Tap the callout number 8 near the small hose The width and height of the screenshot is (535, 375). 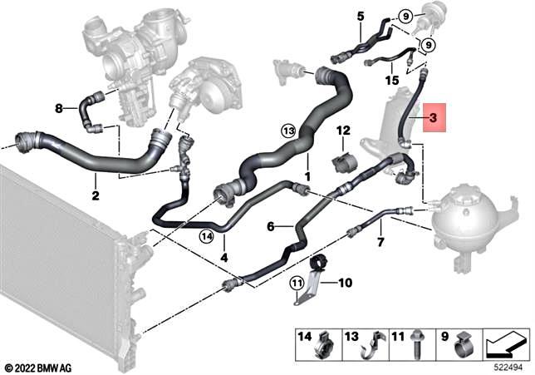tap(58, 108)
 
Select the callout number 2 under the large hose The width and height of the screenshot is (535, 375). tap(96, 196)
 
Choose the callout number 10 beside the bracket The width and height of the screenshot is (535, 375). tap(345, 283)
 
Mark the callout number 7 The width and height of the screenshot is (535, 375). tap(380, 243)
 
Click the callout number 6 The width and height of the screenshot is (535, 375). tap(271, 225)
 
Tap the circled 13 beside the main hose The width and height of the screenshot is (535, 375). tap(288, 131)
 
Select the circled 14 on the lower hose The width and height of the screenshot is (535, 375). tap(206, 237)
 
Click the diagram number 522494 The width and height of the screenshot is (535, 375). tap(509, 366)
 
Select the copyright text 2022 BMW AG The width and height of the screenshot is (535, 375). tap(39, 366)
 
